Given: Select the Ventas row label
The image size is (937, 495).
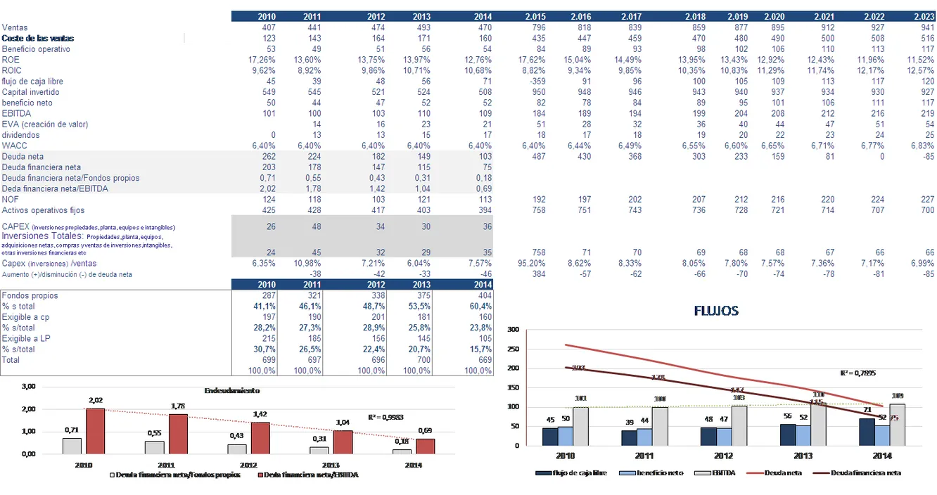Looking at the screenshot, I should [15, 27].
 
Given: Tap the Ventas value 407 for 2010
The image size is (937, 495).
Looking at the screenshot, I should [267, 27].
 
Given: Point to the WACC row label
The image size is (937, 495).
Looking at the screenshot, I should [15, 146].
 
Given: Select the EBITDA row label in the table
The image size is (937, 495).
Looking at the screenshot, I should [16, 113].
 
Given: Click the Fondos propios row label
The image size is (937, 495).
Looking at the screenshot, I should [30, 296].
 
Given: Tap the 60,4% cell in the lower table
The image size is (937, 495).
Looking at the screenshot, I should [481, 307].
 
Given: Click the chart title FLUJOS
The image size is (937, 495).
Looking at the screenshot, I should [716, 310].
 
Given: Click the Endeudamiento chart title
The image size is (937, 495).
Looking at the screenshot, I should [233, 390].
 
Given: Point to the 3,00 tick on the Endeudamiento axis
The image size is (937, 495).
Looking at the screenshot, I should [28, 387].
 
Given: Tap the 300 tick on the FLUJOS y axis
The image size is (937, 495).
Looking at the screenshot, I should [513, 330].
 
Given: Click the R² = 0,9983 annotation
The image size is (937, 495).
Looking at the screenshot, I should [385, 417].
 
